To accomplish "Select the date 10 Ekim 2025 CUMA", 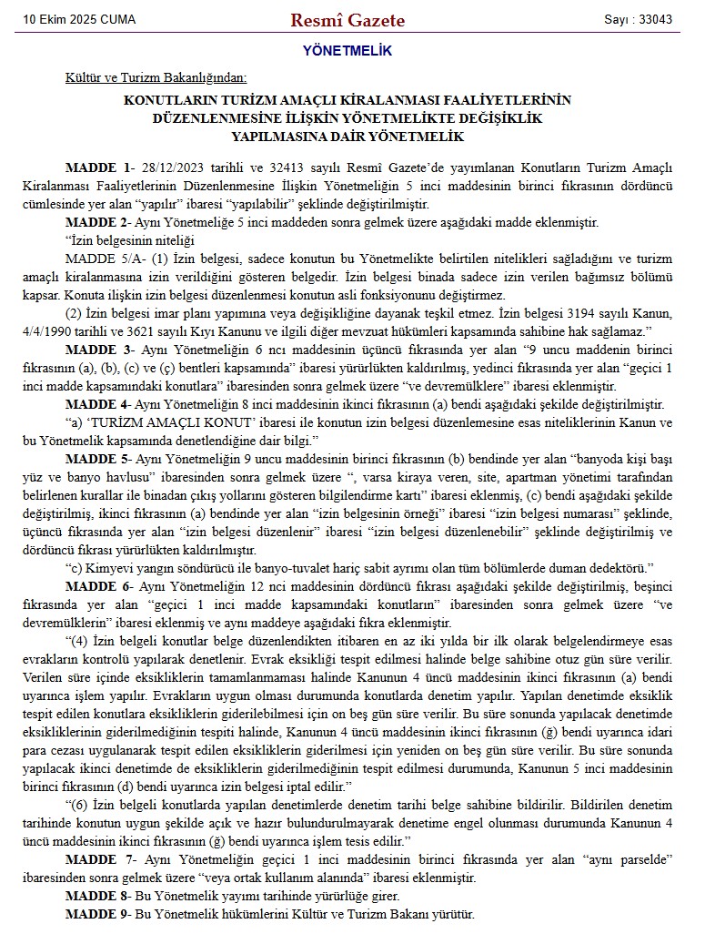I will tap(74, 19).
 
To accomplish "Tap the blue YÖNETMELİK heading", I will tap(347, 52).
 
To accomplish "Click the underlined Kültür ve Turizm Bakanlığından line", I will tap(156, 78).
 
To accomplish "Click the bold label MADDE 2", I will tap(96, 222).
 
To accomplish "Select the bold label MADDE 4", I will tap(96, 404).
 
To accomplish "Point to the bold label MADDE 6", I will tap(96, 586).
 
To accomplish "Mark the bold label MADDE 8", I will tap(96, 896).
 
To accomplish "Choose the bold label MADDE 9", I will tap(96, 913).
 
